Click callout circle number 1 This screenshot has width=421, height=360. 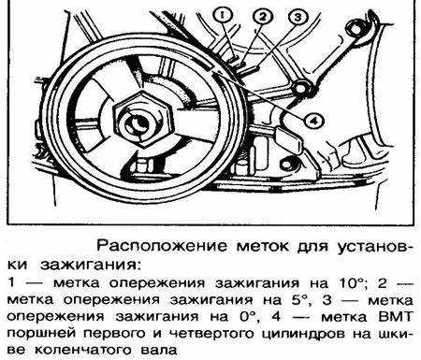pos(223,15)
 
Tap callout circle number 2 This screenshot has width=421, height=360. pos(263,16)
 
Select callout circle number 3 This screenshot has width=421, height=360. pos(298,17)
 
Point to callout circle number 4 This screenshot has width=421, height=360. pos(314,120)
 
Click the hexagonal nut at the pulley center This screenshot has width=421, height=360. pos(143,119)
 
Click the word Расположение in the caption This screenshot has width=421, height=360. pos(162,246)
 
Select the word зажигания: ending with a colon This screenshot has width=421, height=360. pos(90,265)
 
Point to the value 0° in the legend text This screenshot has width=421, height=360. pos(246,317)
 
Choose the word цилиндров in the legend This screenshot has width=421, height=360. pos(303,334)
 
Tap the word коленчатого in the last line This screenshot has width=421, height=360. pos(82,351)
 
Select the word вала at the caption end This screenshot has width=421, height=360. pos(159,351)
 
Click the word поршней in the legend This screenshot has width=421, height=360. pos(42,334)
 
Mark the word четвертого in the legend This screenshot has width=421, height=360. pos(211,334)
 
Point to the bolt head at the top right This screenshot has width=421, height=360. pos(355,28)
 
